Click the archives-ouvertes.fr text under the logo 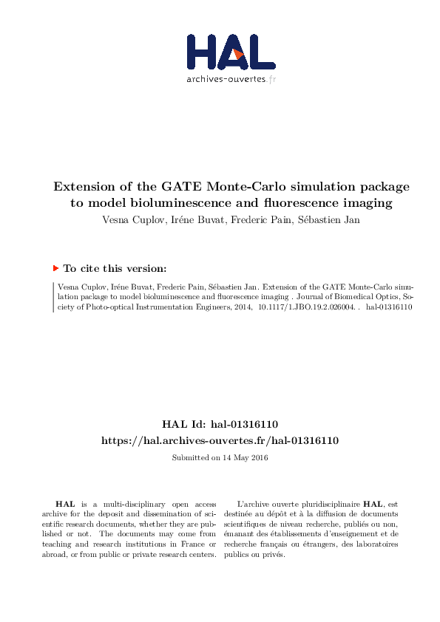click(231, 79)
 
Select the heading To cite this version click(115, 270)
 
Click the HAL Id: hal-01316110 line click(220, 424)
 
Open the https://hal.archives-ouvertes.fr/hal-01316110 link click(220, 440)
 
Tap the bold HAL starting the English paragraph click(65, 504)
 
